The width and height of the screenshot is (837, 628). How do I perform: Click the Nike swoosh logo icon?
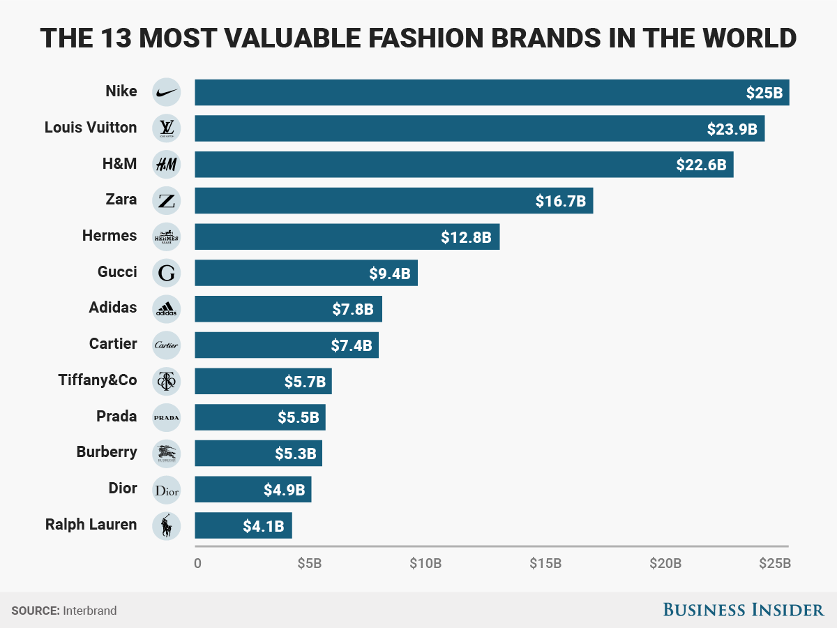[166, 92]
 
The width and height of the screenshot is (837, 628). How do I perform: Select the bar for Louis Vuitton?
[479, 128]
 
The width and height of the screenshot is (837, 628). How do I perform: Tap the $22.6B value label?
[701, 165]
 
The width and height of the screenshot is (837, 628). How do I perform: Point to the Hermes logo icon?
[166, 237]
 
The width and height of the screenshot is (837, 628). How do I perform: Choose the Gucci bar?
[306, 273]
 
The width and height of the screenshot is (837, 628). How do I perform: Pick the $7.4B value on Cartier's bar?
[352, 345]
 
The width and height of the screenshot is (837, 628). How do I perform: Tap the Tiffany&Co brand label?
[98, 380]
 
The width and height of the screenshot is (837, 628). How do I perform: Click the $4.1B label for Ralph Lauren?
[263, 526]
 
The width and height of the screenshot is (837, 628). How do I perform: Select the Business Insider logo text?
[743, 610]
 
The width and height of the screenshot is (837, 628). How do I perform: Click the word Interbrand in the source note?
[90, 611]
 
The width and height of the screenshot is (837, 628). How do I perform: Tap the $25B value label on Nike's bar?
[763, 92]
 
